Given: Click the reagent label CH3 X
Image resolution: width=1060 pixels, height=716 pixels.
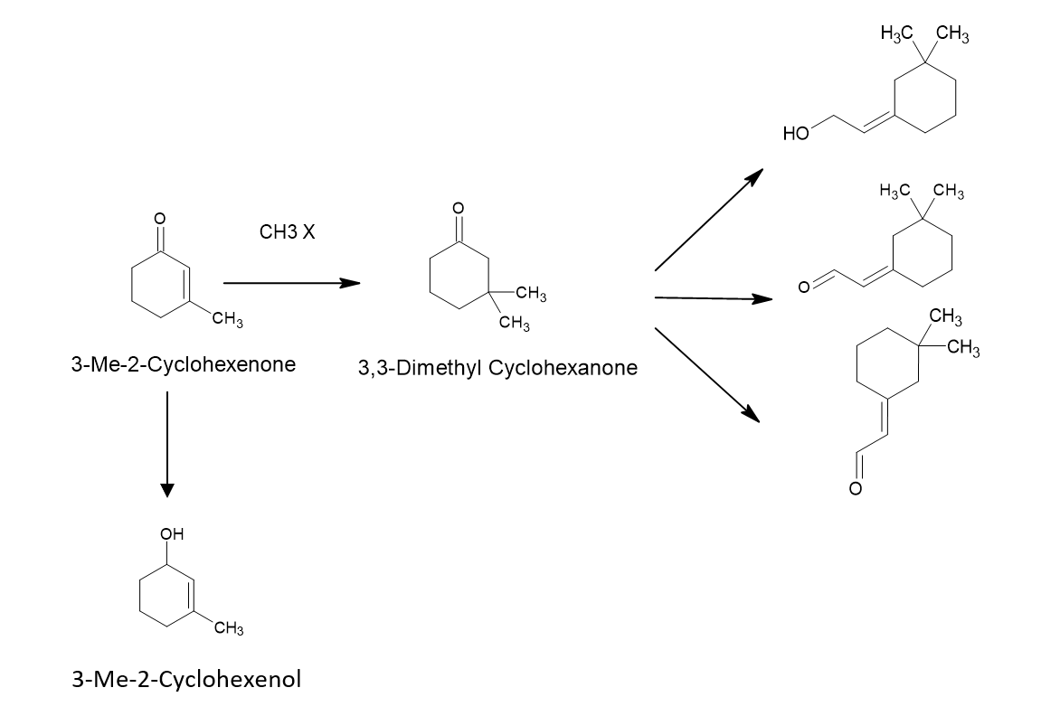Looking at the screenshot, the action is (287, 232).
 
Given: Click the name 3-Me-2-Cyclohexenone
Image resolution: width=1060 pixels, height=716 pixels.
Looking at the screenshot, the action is (184, 364).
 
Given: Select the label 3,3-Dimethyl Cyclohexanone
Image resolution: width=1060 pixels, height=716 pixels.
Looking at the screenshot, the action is (497, 368).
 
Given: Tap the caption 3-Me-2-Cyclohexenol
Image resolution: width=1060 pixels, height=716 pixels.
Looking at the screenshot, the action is (186, 678).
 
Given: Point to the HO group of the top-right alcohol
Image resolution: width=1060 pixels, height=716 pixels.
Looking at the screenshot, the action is (796, 133).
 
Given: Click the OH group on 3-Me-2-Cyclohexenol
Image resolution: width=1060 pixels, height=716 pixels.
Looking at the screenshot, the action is (172, 533).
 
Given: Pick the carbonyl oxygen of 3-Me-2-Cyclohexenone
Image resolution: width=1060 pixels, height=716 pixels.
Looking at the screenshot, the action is (159, 218).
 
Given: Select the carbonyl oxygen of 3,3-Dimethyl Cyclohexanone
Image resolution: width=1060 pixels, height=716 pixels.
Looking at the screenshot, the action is (459, 207).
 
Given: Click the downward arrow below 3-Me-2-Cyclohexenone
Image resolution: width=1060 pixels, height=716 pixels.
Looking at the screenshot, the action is (167, 444).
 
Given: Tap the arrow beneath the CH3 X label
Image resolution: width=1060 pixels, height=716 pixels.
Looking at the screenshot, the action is (291, 283).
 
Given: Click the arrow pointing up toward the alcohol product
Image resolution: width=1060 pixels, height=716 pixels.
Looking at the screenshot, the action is (709, 220).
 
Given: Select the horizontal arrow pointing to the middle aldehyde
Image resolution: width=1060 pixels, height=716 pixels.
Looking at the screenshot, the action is (714, 298).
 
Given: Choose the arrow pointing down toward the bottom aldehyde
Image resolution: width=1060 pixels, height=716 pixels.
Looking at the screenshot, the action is (707, 375).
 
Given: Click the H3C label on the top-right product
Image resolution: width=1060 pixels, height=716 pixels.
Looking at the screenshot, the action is (897, 32).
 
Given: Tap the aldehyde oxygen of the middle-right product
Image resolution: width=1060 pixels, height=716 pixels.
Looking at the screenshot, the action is (803, 287).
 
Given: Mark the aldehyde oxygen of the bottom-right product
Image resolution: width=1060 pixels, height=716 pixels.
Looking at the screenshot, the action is (856, 489).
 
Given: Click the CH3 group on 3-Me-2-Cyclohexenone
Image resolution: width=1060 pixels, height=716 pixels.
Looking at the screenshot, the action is (228, 319).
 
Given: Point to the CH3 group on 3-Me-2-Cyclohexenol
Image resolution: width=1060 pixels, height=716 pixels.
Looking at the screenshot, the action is (229, 629).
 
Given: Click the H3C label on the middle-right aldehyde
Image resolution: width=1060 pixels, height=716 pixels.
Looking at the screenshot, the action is (895, 191).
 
